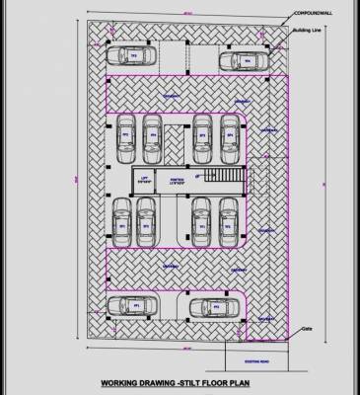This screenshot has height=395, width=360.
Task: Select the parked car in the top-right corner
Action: (x=240, y=61)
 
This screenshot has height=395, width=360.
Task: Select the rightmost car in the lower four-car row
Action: (x=224, y=222)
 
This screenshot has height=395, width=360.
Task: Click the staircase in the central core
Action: (x=222, y=181)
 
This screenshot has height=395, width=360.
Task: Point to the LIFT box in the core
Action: (x=145, y=181)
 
